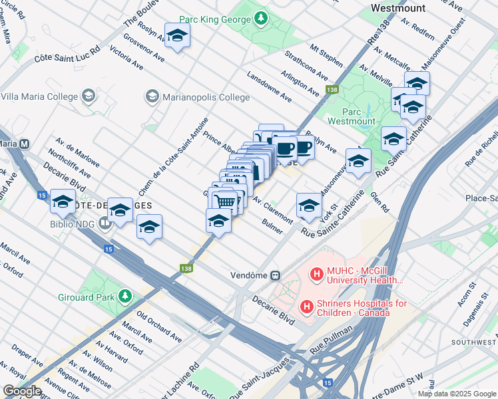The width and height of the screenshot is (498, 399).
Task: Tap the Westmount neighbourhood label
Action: pos(398,9)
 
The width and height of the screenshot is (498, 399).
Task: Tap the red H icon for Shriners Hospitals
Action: pos(306,307)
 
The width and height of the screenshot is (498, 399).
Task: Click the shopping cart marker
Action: pos(226,201)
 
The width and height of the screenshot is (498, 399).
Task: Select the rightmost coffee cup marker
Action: pos(304,148)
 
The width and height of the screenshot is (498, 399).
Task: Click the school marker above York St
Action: pos(309,205)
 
